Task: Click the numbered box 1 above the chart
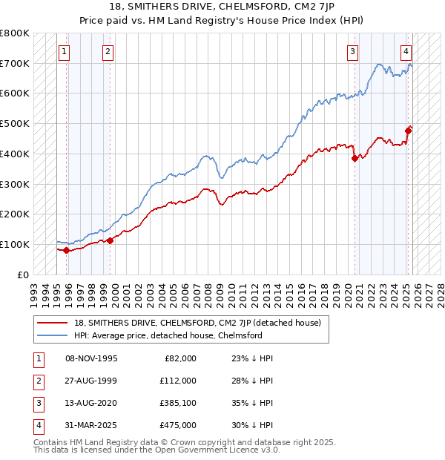(65, 51)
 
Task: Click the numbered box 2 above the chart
(108, 51)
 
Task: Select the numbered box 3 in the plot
(352, 51)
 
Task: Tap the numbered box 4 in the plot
(406, 51)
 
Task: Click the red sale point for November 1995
(67, 250)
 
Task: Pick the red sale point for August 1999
(111, 240)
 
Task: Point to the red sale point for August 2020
(355, 158)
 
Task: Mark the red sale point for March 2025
(408, 131)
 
